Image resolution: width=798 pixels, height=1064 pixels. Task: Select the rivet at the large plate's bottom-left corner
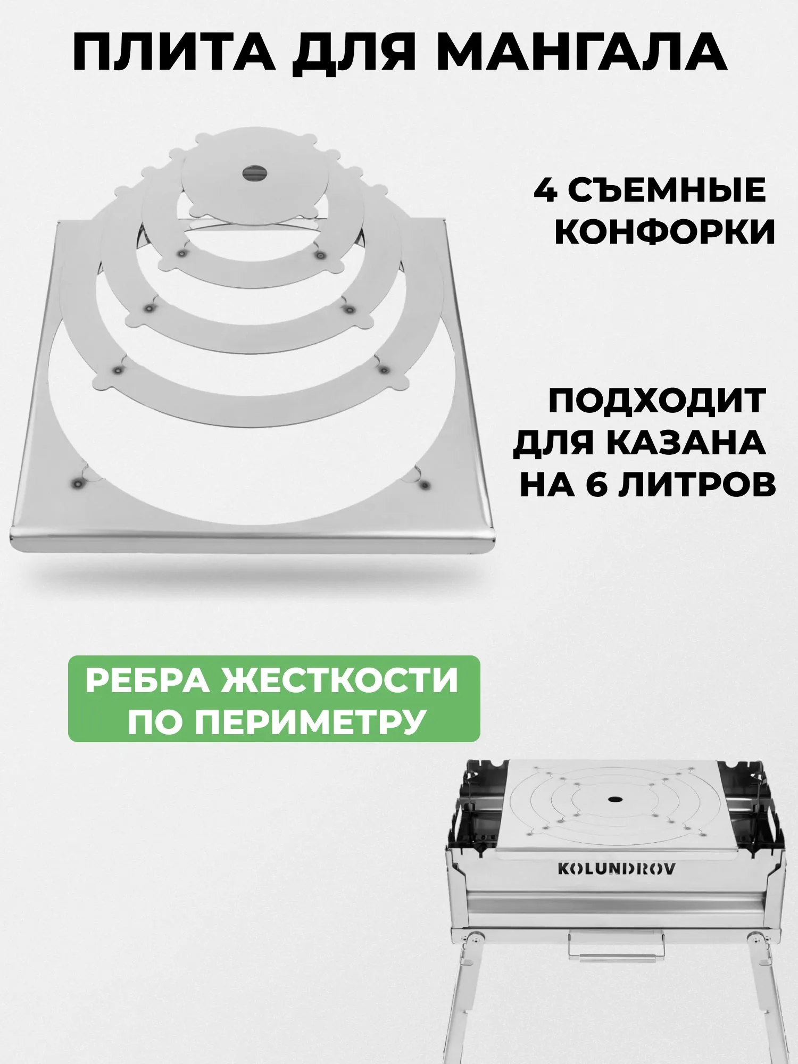click(76, 483)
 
